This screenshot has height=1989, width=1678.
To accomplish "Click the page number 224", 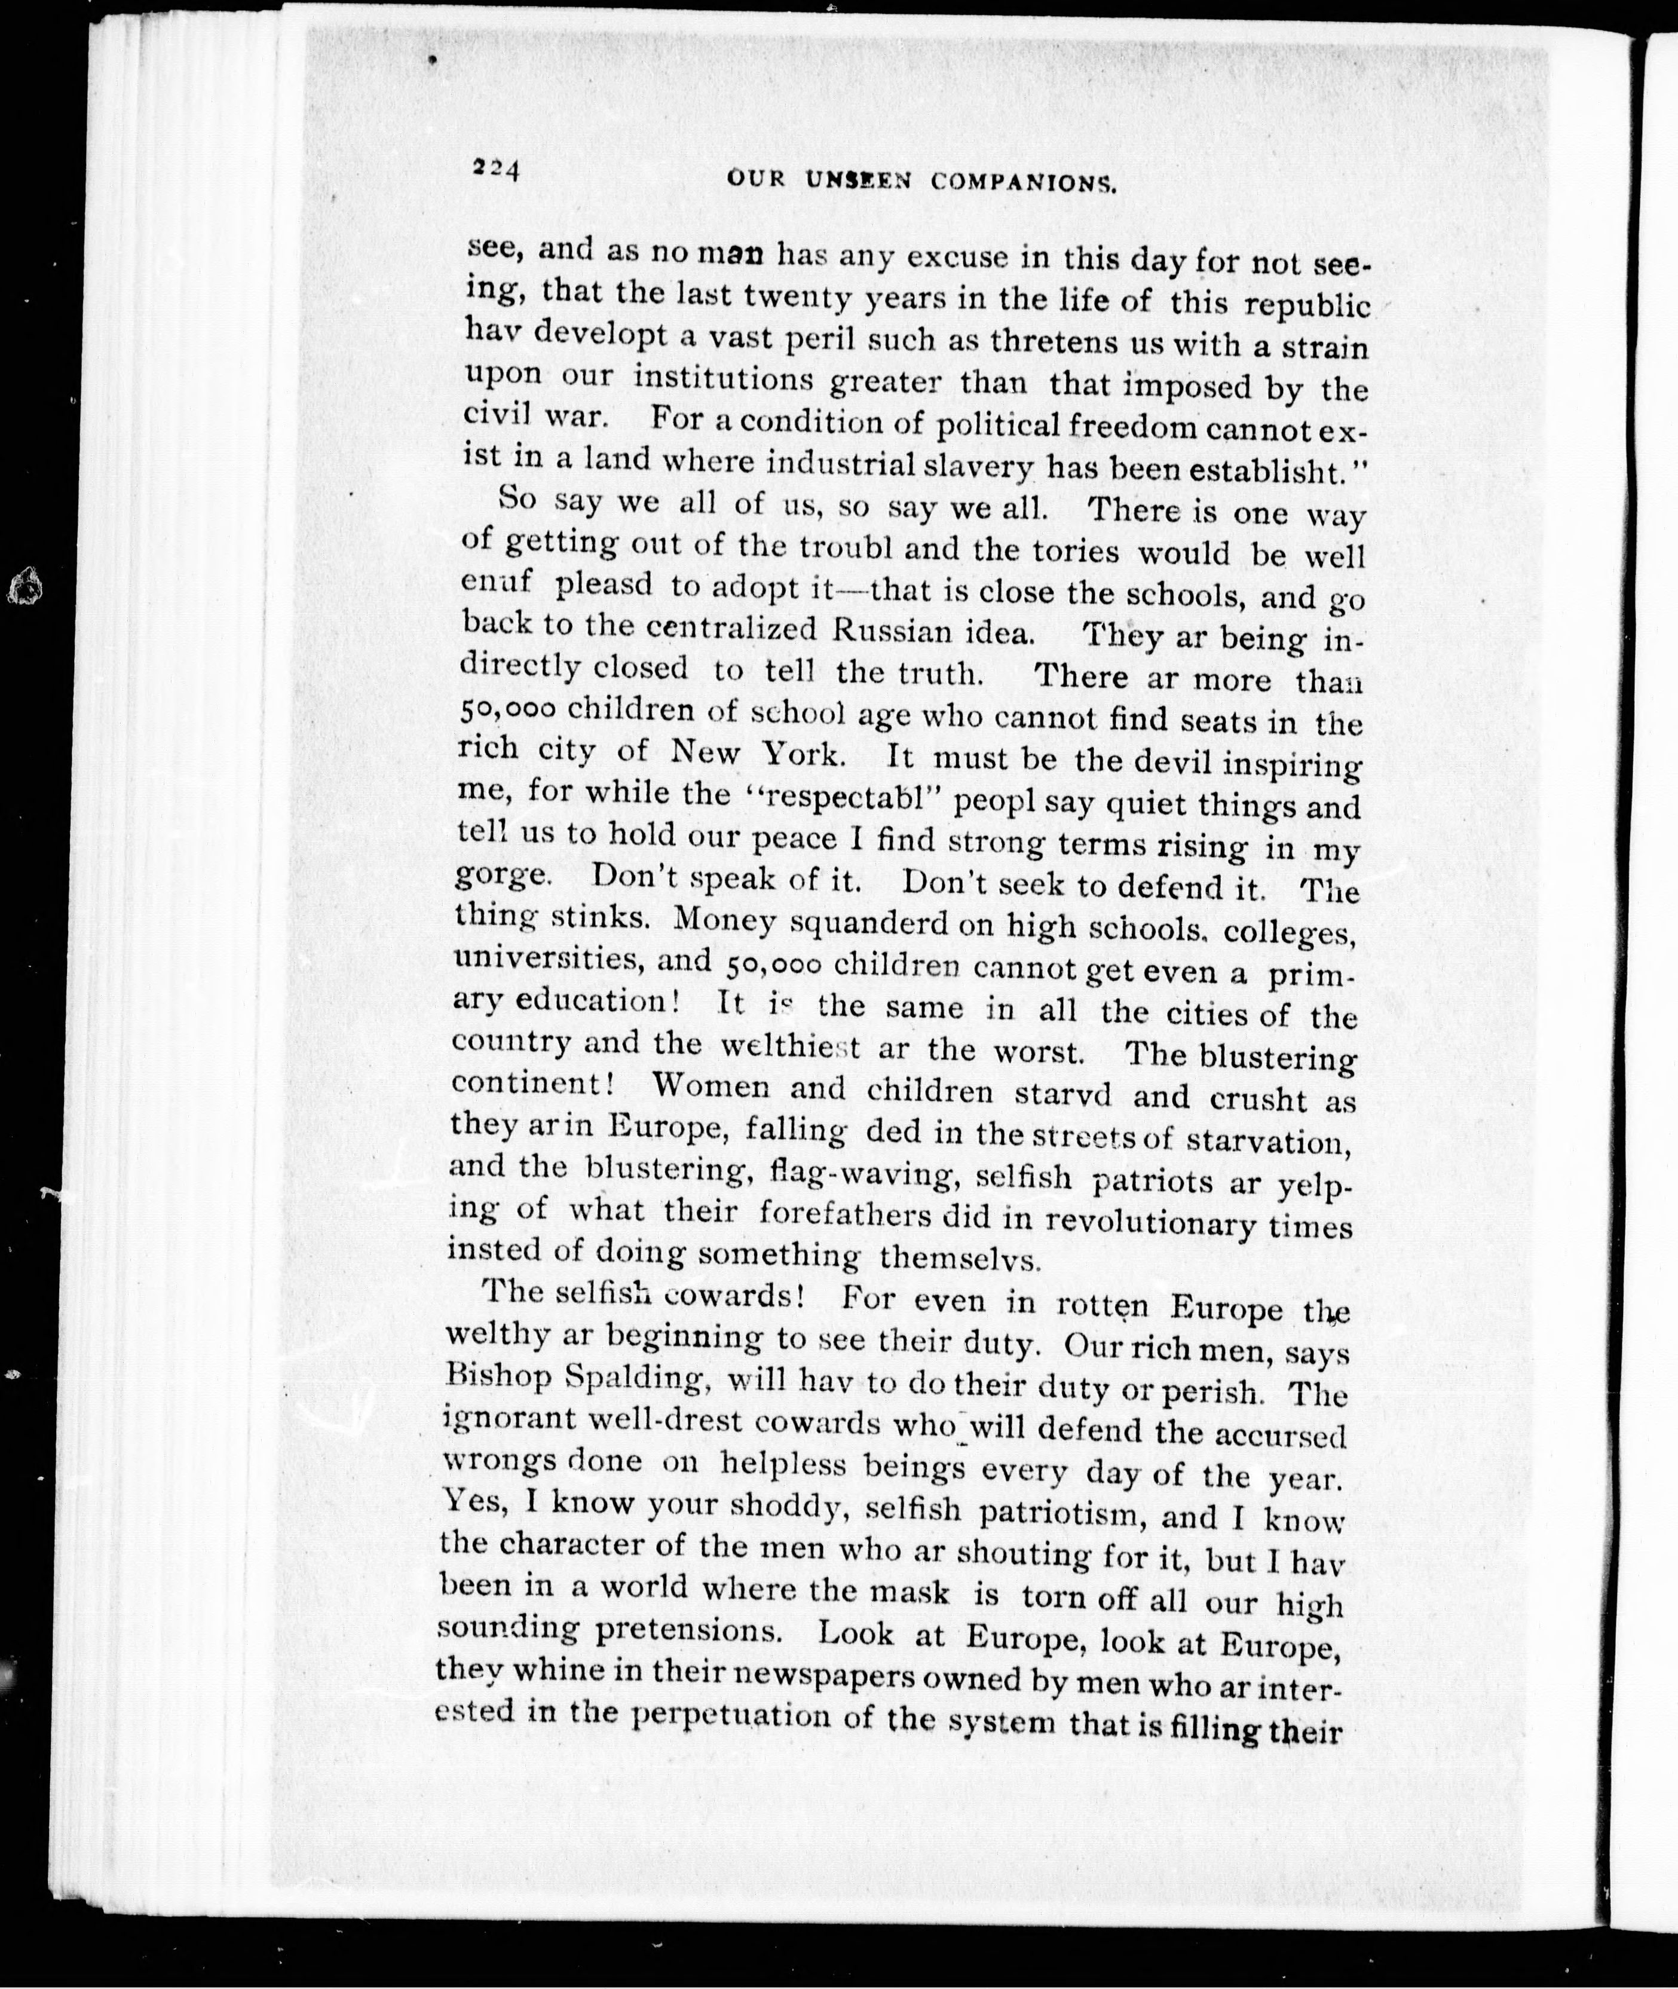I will point(494,169).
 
